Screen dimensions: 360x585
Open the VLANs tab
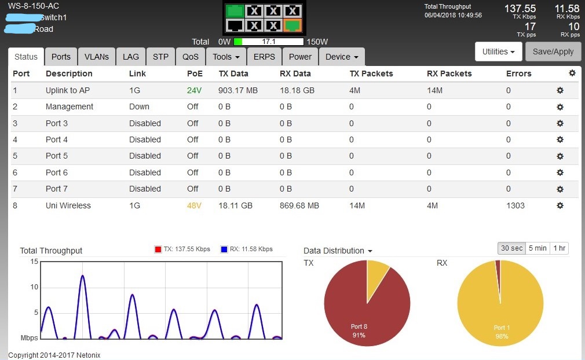96,57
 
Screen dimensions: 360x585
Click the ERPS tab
264,57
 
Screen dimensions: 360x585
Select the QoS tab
191,57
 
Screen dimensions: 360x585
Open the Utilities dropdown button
498,52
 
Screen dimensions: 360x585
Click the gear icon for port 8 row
560,205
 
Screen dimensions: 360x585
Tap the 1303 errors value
515,205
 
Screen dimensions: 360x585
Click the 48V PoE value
194,205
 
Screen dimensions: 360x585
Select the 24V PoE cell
194,90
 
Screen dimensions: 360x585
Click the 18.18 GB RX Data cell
297,90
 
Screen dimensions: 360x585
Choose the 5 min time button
538,248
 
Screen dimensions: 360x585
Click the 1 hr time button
559,248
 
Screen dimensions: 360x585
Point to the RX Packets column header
449,74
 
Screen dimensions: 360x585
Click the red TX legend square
158,249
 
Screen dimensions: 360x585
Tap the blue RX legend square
224,249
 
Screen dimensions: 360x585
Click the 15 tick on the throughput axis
34,262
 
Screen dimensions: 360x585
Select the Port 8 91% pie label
359,330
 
